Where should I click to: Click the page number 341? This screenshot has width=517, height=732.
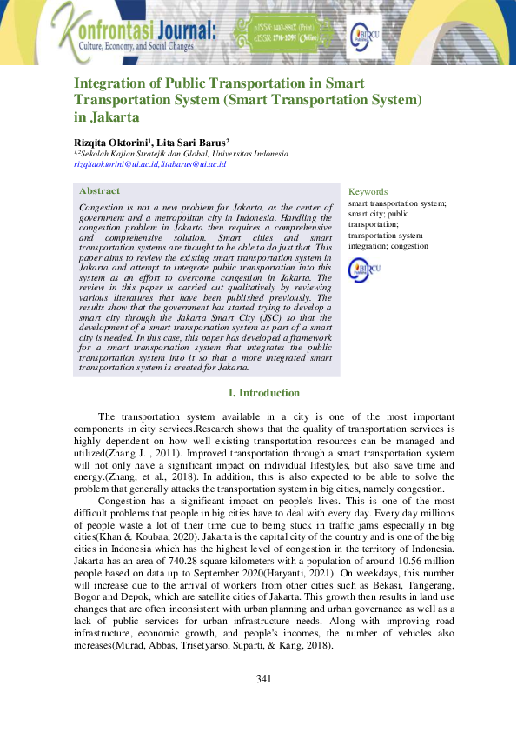coord(266,678)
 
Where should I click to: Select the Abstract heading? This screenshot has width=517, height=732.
coord(100,190)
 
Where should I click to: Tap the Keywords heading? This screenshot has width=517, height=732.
coord(368,191)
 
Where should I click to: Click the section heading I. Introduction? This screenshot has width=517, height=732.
coord(264,393)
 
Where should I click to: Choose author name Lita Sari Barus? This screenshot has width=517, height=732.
coord(191,142)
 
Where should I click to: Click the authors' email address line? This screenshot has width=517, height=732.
coord(149,163)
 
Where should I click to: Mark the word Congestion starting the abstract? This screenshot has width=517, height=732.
coord(102,208)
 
